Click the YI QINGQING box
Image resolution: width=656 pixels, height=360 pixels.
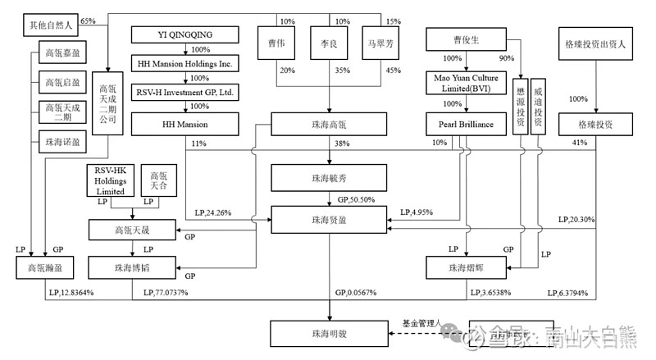(184, 34)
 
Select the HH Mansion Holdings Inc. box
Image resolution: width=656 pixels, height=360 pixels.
(184, 62)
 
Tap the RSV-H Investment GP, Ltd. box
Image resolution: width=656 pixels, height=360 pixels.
(184, 92)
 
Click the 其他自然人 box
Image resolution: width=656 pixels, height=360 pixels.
(50, 26)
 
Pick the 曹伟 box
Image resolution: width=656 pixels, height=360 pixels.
(276, 43)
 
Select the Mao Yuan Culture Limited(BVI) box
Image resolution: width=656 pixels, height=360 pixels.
(464, 82)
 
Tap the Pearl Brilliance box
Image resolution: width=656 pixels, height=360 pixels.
(464, 124)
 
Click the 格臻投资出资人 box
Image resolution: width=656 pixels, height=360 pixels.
(596, 43)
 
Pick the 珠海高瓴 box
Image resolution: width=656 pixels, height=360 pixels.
(329, 124)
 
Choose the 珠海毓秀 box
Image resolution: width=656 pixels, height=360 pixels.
(329, 176)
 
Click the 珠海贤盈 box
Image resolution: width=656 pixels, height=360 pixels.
(329, 220)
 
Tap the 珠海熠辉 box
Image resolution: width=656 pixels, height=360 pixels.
(464, 267)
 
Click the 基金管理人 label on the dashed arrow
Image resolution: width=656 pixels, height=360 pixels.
(422, 322)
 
